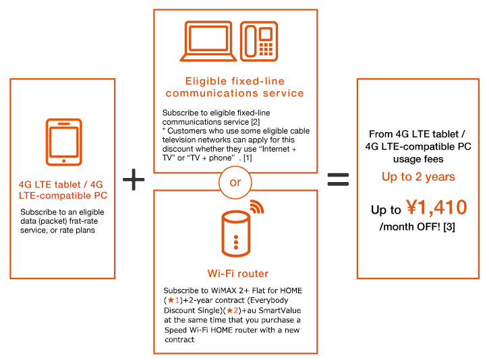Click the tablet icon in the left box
(63, 142)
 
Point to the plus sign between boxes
(134, 179)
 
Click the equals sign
(337, 179)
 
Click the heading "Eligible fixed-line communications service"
(235, 87)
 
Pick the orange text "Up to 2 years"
(418, 177)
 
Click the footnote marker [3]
(449, 227)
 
